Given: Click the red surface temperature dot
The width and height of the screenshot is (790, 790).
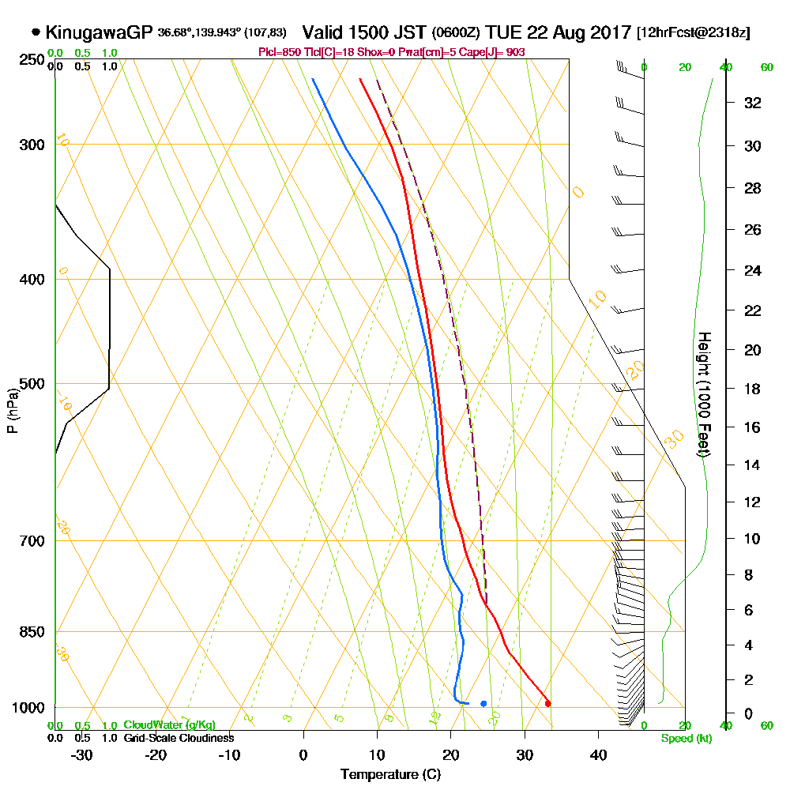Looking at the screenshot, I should coord(547,703).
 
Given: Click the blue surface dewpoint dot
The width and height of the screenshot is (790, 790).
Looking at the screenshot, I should coord(483,703).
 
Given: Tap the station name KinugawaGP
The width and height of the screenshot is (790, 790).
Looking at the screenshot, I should coord(98,32).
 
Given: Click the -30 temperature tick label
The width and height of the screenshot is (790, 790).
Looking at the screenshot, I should coord(81,755).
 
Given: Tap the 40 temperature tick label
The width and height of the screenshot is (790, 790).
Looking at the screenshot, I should coord(598,755).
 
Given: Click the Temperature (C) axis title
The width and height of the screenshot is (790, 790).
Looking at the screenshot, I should coord(390,775).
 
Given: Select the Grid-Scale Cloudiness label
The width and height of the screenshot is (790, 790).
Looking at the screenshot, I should coord(178,738).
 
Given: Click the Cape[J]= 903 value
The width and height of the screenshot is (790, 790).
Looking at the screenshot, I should coord(494,52).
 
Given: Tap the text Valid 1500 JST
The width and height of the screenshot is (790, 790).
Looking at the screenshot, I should coord(364,32).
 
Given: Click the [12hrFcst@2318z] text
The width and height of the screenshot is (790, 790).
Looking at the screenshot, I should coord(693,33).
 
